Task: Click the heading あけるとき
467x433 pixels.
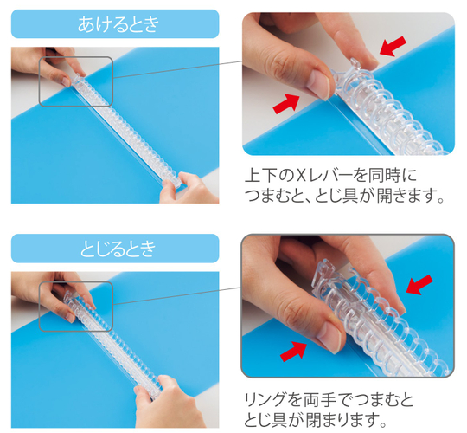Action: [x=118, y=24]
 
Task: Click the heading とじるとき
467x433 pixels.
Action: [x=118, y=249]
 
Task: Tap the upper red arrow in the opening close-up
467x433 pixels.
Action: [x=393, y=46]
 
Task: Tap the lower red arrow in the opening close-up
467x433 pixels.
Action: [x=286, y=103]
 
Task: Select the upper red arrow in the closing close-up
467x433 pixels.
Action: [x=419, y=285]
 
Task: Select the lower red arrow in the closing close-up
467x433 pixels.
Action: [x=294, y=352]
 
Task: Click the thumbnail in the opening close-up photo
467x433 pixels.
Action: [x=318, y=84]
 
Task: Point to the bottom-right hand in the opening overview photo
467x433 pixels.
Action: [x=188, y=189]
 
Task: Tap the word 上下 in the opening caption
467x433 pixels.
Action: [x=260, y=176]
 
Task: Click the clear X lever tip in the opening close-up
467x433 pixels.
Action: [x=355, y=62]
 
